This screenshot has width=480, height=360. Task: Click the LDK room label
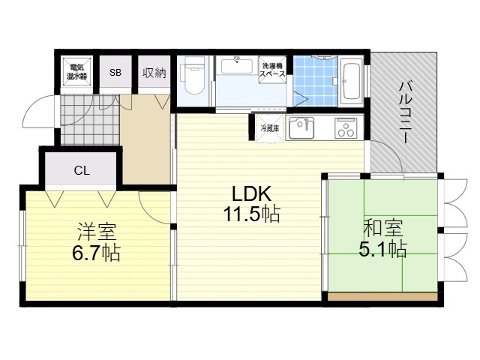click(x=252, y=193)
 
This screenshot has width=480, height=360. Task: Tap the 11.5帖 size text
click(x=252, y=214)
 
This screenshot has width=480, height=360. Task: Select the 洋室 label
click(x=97, y=232)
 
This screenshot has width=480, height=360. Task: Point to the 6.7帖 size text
click(x=97, y=253)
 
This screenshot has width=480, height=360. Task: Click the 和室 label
click(x=382, y=228)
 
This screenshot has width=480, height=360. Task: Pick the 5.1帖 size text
click(x=382, y=249)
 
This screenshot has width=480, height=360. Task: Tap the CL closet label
click(x=82, y=170)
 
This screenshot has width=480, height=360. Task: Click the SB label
click(x=115, y=73)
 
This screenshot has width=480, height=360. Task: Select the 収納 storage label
click(x=154, y=73)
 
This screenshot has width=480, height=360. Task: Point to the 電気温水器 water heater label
click(x=76, y=72)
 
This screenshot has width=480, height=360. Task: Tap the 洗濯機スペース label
click(x=272, y=70)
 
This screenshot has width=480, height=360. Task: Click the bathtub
click(x=350, y=82)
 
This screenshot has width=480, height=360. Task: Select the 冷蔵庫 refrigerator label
click(x=270, y=128)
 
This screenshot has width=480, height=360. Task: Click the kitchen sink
click(x=301, y=127)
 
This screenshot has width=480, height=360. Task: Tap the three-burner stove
click(x=346, y=127)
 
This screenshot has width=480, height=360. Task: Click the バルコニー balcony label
click(x=405, y=112)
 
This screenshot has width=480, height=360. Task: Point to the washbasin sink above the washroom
click(x=237, y=65)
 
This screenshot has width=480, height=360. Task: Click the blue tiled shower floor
click(x=315, y=81)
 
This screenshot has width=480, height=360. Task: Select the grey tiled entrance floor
click(x=89, y=119)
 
